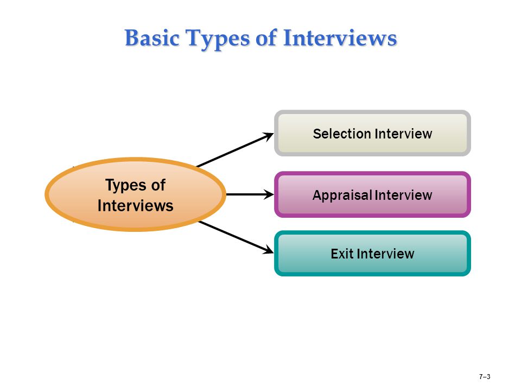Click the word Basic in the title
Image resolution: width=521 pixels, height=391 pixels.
[x=152, y=37]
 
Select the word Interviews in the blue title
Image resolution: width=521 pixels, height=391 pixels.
[x=340, y=37]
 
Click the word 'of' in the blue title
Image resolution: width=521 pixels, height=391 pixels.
[x=266, y=37]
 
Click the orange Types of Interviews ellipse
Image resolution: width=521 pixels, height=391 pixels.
[x=136, y=194]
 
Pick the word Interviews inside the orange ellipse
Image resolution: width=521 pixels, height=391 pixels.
[x=136, y=205]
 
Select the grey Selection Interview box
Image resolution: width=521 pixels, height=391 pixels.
[x=372, y=134]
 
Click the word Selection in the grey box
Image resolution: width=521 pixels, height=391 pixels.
[x=342, y=134]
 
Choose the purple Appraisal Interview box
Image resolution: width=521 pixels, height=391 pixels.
[x=372, y=194]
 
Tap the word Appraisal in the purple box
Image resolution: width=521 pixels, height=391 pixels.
[x=342, y=195]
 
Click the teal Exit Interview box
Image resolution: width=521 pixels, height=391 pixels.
[x=372, y=254]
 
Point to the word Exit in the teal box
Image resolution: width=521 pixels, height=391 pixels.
[x=342, y=254]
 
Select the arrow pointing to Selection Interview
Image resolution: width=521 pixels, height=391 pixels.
[x=235, y=150]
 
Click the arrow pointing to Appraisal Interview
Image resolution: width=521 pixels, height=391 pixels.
[x=250, y=194]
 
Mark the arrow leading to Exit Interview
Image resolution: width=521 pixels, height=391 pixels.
[x=236, y=237]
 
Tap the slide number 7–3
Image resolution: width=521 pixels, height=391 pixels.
[x=485, y=377]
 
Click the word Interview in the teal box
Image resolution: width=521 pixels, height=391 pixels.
[x=385, y=254]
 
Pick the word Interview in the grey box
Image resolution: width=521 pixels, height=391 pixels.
[x=403, y=134]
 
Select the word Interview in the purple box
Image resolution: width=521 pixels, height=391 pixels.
[x=403, y=195]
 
